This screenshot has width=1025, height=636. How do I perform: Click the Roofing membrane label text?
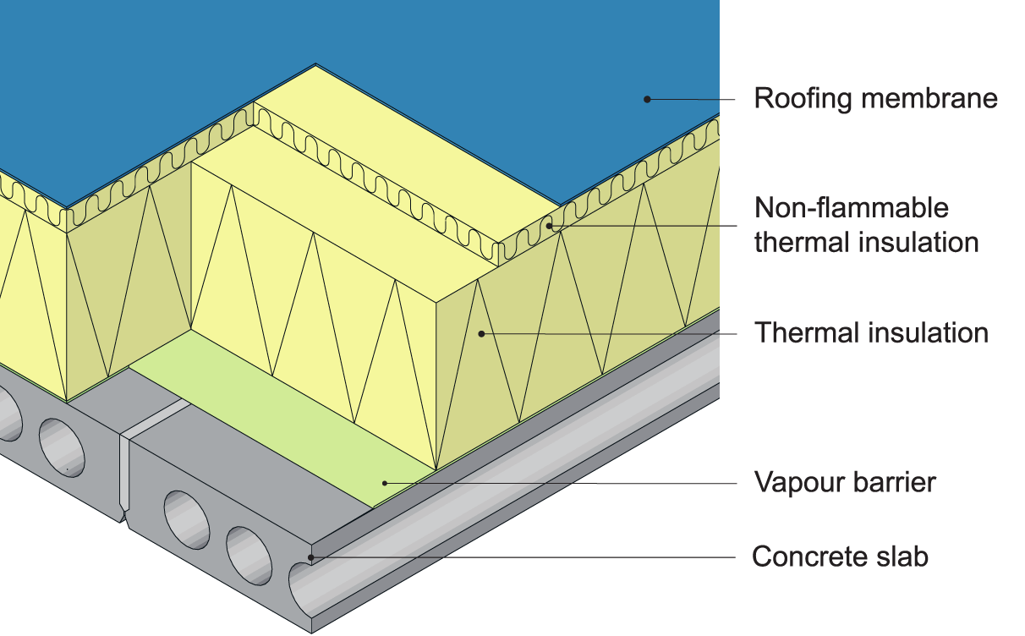click(875, 98)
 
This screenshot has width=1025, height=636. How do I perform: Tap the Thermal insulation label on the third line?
click(871, 332)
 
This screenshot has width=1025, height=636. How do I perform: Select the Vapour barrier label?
click(845, 483)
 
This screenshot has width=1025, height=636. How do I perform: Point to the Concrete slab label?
click(840, 557)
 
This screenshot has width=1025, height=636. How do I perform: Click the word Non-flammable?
click(851, 207)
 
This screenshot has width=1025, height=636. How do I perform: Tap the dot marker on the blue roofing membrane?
click(647, 99)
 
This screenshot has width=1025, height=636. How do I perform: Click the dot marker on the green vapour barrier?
click(385, 483)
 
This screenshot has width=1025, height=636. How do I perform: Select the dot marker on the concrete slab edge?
click(312, 556)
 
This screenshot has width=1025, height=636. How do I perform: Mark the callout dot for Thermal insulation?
click(481, 333)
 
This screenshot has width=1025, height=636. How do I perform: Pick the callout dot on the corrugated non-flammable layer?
click(549, 225)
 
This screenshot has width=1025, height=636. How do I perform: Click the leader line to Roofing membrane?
click(693, 99)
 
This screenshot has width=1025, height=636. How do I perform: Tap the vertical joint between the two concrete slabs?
click(123, 474)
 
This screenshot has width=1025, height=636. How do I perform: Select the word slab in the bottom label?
click(901, 557)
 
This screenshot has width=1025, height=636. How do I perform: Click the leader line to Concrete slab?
click(524, 557)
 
